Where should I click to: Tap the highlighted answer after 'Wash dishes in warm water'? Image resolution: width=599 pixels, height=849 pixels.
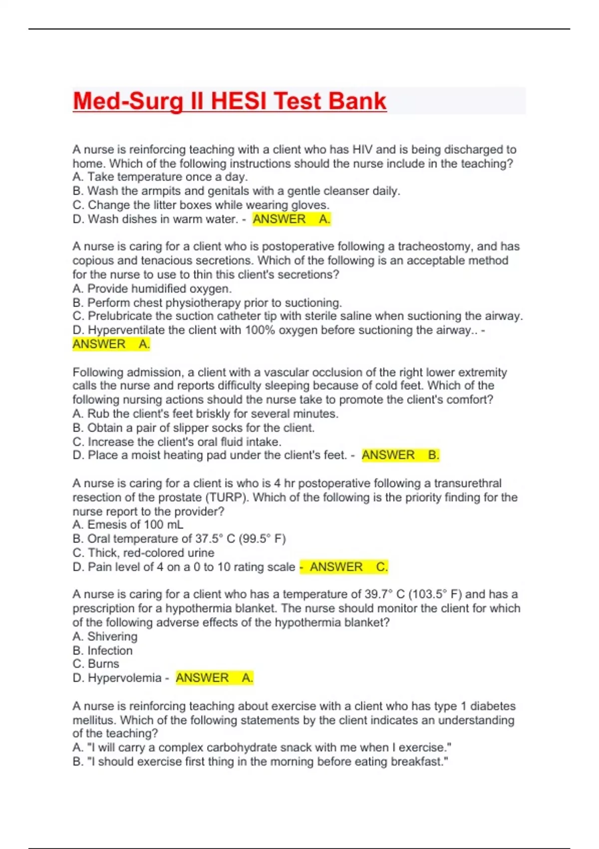(291, 219)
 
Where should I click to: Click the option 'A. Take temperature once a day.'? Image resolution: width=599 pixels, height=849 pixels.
(160, 177)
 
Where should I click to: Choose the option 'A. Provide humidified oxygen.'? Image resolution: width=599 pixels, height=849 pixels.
(152, 289)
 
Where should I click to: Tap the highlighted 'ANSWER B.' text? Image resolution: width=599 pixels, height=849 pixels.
(400, 455)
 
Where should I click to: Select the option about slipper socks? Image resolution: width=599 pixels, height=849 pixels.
(193, 427)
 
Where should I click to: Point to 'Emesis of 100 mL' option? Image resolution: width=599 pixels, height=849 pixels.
(128, 524)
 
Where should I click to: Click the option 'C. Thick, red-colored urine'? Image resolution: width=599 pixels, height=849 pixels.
(143, 553)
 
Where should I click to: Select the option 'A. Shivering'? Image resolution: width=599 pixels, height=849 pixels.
(105, 636)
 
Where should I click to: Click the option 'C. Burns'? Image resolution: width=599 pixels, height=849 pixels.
(96, 664)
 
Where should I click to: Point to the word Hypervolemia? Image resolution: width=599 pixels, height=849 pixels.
(125, 678)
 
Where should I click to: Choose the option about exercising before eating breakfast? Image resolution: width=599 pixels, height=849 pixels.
(261, 762)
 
